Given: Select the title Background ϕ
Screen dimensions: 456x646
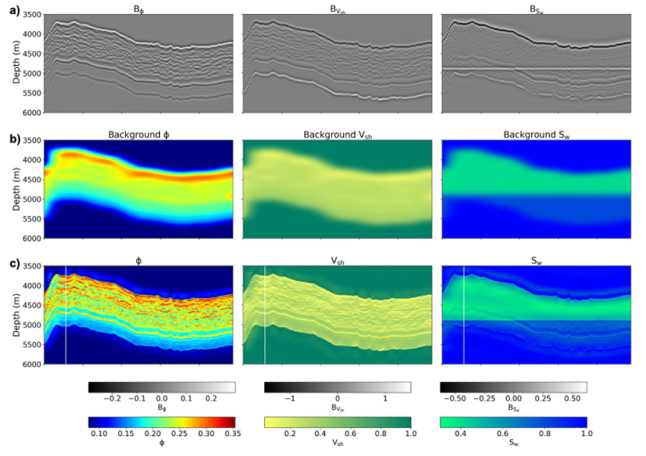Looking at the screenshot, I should tap(138, 135).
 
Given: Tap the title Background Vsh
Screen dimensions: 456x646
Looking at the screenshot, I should tap(337, 135).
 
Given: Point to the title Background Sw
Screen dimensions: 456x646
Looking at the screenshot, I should tap(536, 135).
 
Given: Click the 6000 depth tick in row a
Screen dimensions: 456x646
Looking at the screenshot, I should tap(30, 112).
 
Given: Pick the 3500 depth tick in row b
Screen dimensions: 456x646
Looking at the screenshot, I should tap(30, 140).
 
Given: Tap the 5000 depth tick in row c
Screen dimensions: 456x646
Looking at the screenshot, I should tap(30, 325).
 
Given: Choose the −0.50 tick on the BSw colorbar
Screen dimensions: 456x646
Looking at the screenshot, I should tap(461, 397).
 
